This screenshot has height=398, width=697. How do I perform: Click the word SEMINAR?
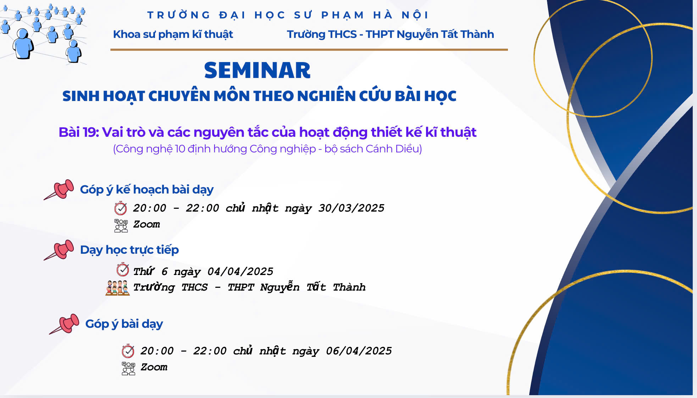257,70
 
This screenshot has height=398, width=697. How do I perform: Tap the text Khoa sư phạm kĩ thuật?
173,34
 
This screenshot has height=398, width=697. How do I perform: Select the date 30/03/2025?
351,208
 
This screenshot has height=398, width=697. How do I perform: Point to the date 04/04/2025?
240,271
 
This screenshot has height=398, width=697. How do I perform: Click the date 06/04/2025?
359,351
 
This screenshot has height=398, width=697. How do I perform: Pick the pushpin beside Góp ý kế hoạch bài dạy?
59,190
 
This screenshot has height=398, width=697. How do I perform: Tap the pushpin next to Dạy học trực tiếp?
59,250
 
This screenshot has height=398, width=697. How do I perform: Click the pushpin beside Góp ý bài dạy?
64,324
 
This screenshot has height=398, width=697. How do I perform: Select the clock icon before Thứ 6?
123,270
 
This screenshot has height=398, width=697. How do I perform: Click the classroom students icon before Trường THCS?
117,288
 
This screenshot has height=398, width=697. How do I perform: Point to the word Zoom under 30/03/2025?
146,224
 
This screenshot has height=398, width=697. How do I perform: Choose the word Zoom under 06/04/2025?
154,367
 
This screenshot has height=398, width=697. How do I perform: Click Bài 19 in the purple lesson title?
78,132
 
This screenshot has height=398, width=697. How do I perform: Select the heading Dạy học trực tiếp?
129,250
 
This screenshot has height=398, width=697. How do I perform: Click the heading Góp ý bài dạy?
124,324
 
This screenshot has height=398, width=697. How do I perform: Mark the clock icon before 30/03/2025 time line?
121,208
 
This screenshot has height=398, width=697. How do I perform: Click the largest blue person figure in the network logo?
23,44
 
